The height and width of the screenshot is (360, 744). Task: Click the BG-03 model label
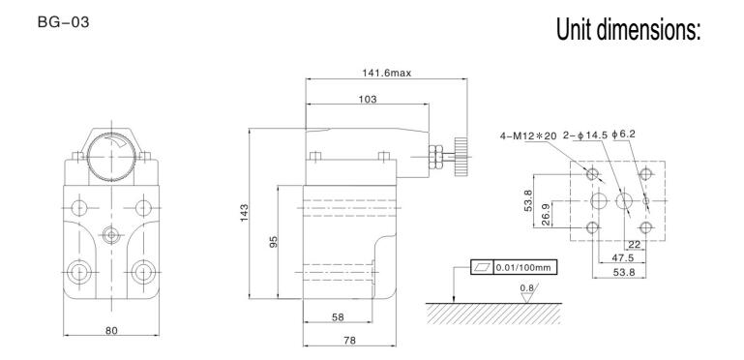click(x=63, y=22)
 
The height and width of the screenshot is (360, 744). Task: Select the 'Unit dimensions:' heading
click(x=628, y=29)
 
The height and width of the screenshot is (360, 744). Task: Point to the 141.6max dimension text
click(x=386, y=73)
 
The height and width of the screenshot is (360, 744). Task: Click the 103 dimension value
click(x=368, y=99)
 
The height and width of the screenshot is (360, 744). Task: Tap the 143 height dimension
click(x=244, y=213)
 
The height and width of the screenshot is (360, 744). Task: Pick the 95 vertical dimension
click(x=273, y=242)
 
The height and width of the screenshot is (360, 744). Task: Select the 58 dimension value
click(x=338, y=316)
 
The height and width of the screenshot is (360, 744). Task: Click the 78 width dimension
click(x=349, y=340)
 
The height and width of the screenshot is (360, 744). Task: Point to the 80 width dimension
click(x=111, y=330)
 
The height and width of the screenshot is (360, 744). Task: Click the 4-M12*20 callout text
click(x=527, y=135)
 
